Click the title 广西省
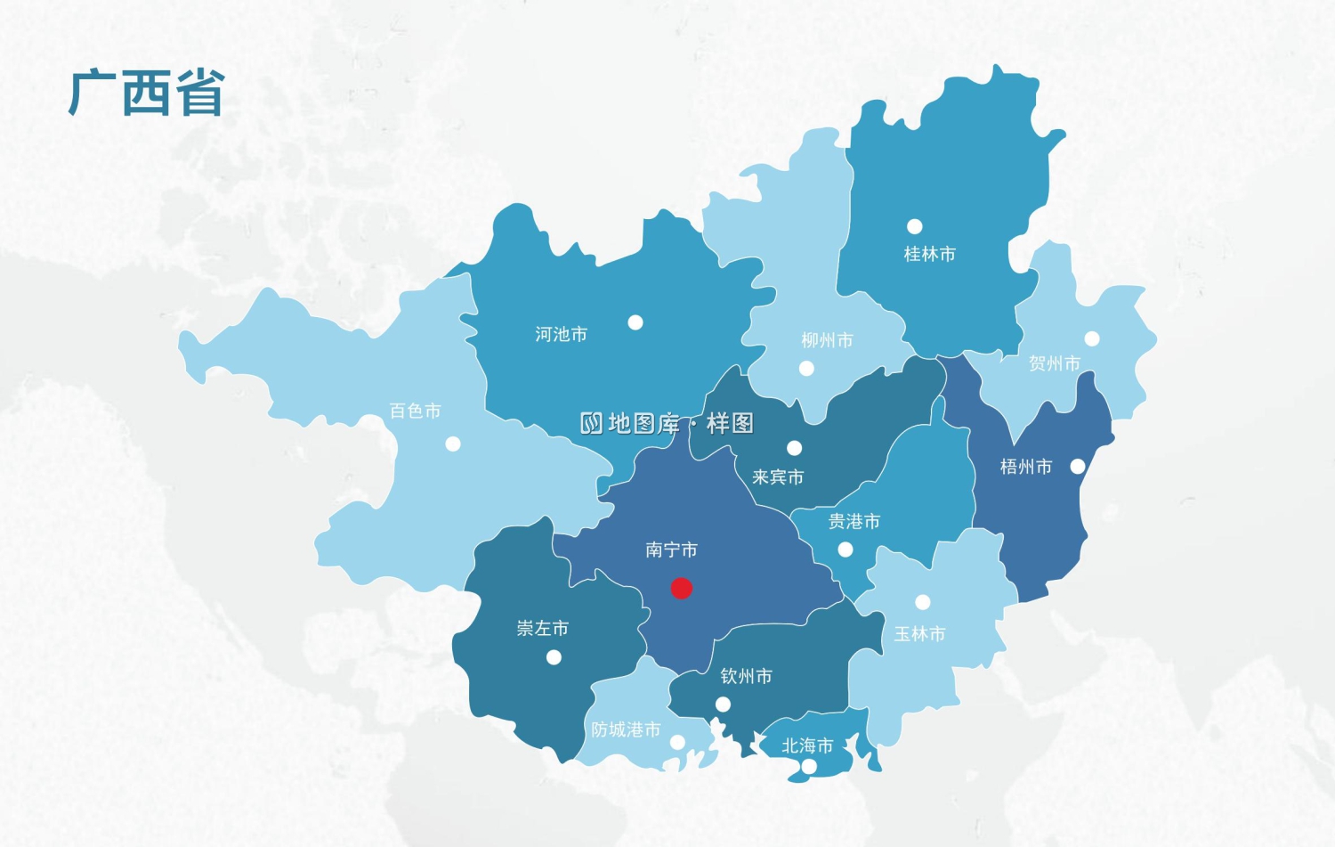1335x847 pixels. coord(146,94)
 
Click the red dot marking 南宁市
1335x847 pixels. coord(681,588)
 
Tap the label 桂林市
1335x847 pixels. coord(929,255)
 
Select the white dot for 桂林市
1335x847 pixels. coord(914,226)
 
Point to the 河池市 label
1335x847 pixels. coord(561,335)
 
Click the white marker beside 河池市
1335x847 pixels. coord(635,322)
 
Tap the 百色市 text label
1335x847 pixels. coord(415,411)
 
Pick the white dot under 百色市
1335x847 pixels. coord(453,444)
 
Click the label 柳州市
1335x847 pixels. coord(827,340)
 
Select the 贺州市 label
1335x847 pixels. coord(1054,363)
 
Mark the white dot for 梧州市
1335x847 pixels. coord(1078,467)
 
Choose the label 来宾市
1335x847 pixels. coord(777,477)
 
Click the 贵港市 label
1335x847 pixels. coord(854,522)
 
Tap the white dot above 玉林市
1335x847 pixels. coord(923,602)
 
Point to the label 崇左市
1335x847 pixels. coord(542,629)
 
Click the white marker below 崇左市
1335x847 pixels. coord(554,657)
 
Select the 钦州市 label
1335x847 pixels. coord(746,677)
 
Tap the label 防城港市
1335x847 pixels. coord(626,730)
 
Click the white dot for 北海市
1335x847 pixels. coord(809,766)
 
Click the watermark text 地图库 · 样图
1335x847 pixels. coord(667,423)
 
